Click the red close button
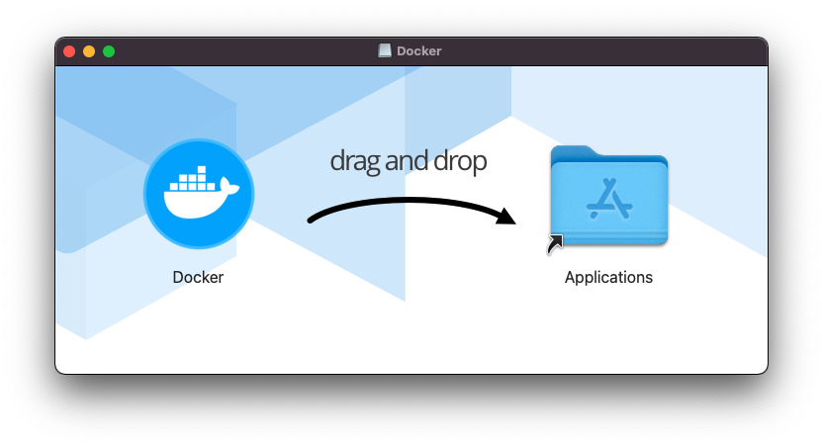pos(69,51)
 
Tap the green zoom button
pos(109,51)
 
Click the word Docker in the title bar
pos(419,51)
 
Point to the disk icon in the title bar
pos(385,51)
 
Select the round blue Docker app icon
pos(198,193)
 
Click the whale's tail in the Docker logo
pos(230,186)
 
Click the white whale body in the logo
pos(194,202)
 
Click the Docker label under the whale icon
pos(198,277)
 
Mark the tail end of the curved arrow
pos(313,220)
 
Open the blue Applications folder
pos(609,199)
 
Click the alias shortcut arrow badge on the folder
pos(555,243)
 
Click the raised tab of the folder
pos(574,151)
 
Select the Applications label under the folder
pos(608,277)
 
